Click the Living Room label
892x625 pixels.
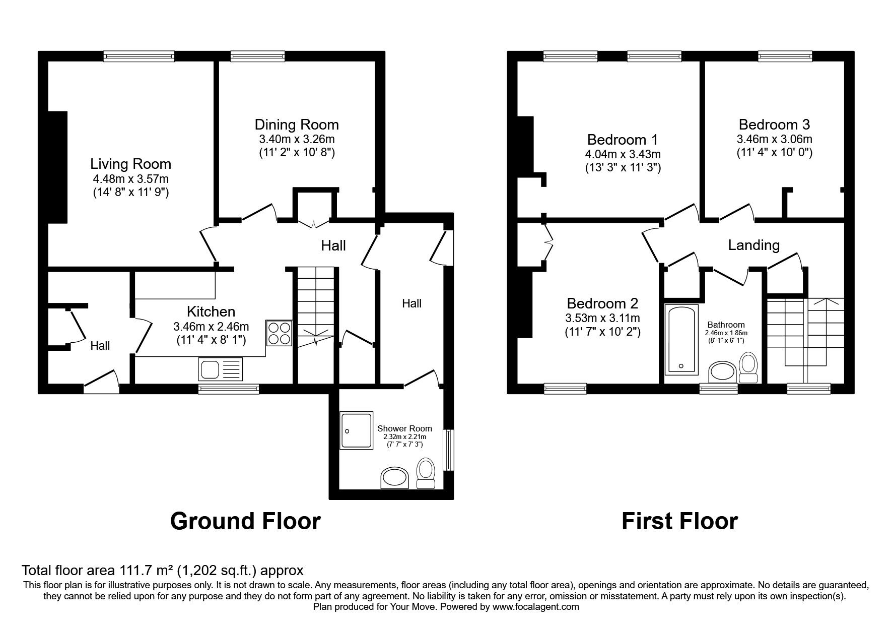tap(130, 164)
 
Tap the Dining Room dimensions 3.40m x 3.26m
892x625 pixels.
tap(297, 139)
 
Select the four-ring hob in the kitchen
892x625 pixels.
tap(280, 333)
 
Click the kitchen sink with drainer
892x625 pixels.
tap(221, 370)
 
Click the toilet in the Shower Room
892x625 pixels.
tap(426, 474)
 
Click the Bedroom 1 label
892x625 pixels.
tap(623, 139)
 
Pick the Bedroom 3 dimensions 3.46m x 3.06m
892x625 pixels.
tap(774, 139)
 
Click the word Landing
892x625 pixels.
tap(753, 245)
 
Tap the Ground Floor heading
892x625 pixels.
tap(245, 521)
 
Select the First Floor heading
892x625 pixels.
tap(679, 521)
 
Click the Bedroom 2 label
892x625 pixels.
tap(602, 303)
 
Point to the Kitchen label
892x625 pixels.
tap(211, 311)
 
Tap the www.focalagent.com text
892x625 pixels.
tap(535, 607)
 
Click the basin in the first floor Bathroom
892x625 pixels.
tap(722, 372)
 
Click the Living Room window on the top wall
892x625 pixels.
tap(139, 56)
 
